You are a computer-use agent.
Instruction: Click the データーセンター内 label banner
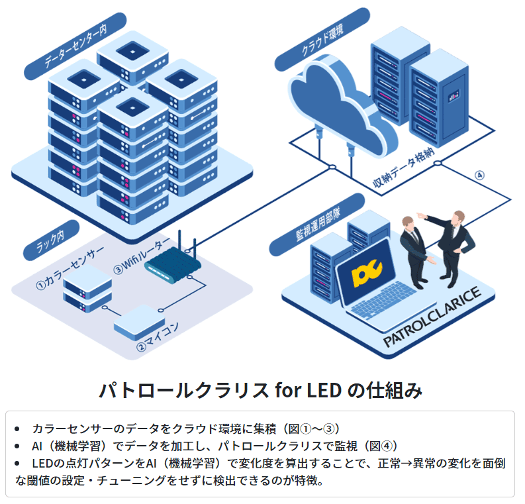75,46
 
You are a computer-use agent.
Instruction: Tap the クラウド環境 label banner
322,40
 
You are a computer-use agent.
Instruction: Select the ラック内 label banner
51,240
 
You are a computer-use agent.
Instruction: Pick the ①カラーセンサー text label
70,268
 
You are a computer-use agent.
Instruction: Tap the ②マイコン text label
158,337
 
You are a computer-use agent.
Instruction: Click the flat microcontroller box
139,322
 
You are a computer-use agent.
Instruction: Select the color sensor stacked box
87,288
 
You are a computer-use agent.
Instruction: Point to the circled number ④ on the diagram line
479,175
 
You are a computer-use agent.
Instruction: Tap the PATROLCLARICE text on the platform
432,317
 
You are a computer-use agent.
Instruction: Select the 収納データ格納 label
403,168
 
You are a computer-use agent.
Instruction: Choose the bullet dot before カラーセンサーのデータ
17,429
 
